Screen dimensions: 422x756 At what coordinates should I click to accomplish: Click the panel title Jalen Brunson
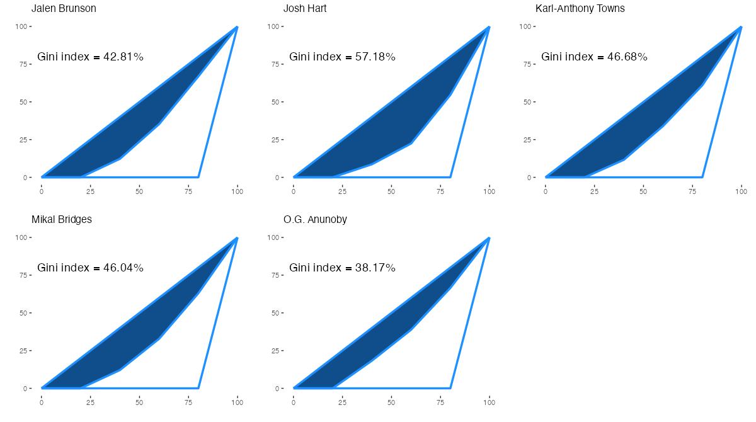point(64,9)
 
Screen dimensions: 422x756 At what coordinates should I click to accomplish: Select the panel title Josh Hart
point(305,9)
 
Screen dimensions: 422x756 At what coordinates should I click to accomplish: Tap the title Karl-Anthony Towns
point(580,9)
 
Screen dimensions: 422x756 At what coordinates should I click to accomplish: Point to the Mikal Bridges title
point(62,220)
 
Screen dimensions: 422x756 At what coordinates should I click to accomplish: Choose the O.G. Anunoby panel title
point(315,220)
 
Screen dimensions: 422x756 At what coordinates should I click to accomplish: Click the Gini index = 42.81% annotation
point(91,57)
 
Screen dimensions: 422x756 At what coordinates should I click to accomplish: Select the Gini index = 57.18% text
point(343,57)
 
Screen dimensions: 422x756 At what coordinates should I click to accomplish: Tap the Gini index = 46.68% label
point(595,57)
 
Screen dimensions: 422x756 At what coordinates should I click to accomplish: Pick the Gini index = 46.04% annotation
point(91,268)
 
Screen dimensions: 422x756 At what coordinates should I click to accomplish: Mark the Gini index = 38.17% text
point(343,268)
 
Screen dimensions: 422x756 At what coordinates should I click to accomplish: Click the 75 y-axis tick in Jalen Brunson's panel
point(24,64)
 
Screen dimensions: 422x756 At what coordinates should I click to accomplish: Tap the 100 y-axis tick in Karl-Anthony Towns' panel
point(525,26)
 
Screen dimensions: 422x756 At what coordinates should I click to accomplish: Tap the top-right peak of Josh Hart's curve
point(489,27)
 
